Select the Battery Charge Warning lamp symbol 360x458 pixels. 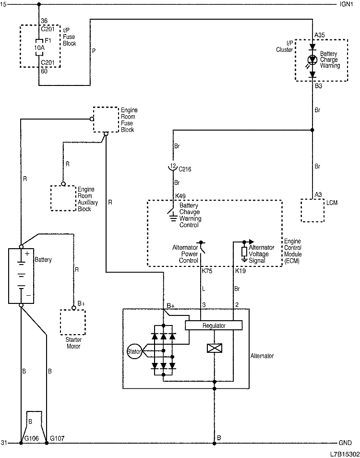(312, 60)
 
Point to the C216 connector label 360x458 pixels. (185, 169)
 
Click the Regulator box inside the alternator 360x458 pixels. (214, 326)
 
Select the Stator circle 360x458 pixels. (134, 351)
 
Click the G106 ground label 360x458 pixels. (32, 438)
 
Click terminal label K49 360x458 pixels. (181, 196)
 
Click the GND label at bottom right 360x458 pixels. (346, 443)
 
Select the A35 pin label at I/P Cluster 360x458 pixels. (319, 35)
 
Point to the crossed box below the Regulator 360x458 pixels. (214, 349)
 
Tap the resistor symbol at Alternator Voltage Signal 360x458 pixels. (244, 252)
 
